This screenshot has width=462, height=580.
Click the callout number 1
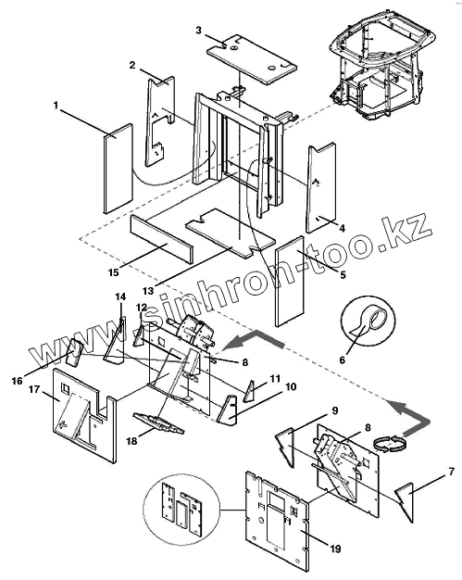point(56,106)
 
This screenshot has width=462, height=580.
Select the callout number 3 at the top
point(199,30)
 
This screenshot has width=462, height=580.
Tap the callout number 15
point(114,272)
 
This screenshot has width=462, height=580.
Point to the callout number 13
point(148,291)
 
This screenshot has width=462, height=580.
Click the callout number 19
point(335,548)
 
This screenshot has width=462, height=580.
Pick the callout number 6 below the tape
point(343,359)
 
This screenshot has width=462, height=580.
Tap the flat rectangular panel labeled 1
point(118,169)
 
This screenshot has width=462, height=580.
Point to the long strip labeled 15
point(162,239)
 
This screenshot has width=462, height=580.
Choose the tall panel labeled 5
point(290,281)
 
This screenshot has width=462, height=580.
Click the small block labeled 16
point(75,352)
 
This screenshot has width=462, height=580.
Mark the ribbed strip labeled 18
point(158,423)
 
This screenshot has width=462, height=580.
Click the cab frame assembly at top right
point(383,70)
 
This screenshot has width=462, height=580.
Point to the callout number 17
point(34,389)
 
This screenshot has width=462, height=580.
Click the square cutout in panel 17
point(66,389)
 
